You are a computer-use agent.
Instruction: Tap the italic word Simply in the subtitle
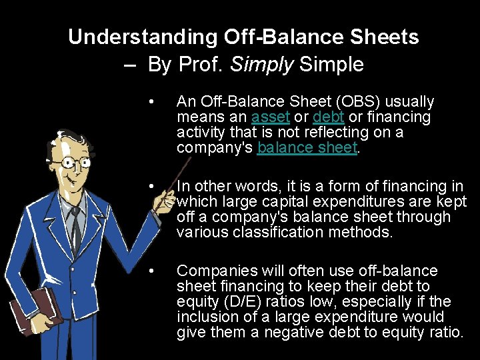point(261,65)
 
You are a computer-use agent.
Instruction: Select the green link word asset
point(271,117)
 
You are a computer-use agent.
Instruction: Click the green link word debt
point(328,117)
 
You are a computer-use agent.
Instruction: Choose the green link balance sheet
point(307,148)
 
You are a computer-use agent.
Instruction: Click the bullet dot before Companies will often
point(153,271)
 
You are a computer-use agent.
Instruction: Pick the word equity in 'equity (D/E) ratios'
point(197,301)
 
